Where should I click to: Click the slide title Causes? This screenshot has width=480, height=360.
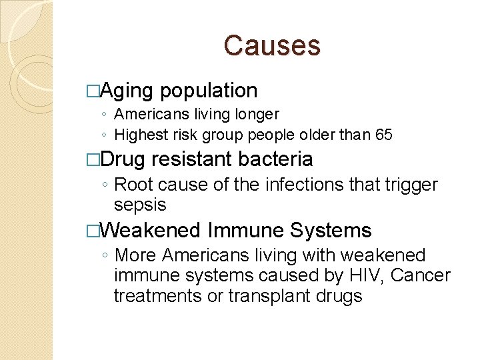pyautogui.click(x=272, y=45)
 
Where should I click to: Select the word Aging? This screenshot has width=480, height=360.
pyautogui.click(x=129, y=91)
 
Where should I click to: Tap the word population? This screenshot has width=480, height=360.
pyautogui.click(x=209, y=91)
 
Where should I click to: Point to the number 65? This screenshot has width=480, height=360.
pyautogui.click(x=384, y=135)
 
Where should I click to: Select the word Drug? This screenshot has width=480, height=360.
pyautogui.click(x=126, y=159)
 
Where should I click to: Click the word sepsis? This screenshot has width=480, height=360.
pyautogui.click(x=140, y=205)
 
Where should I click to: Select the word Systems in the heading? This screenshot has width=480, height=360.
pyautogui.click(x=331, y=231)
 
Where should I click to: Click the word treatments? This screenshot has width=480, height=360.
pyautogui.click(x=159, y=295)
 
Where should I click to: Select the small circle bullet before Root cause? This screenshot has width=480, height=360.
pyautogui.click(x=106, y=185)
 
